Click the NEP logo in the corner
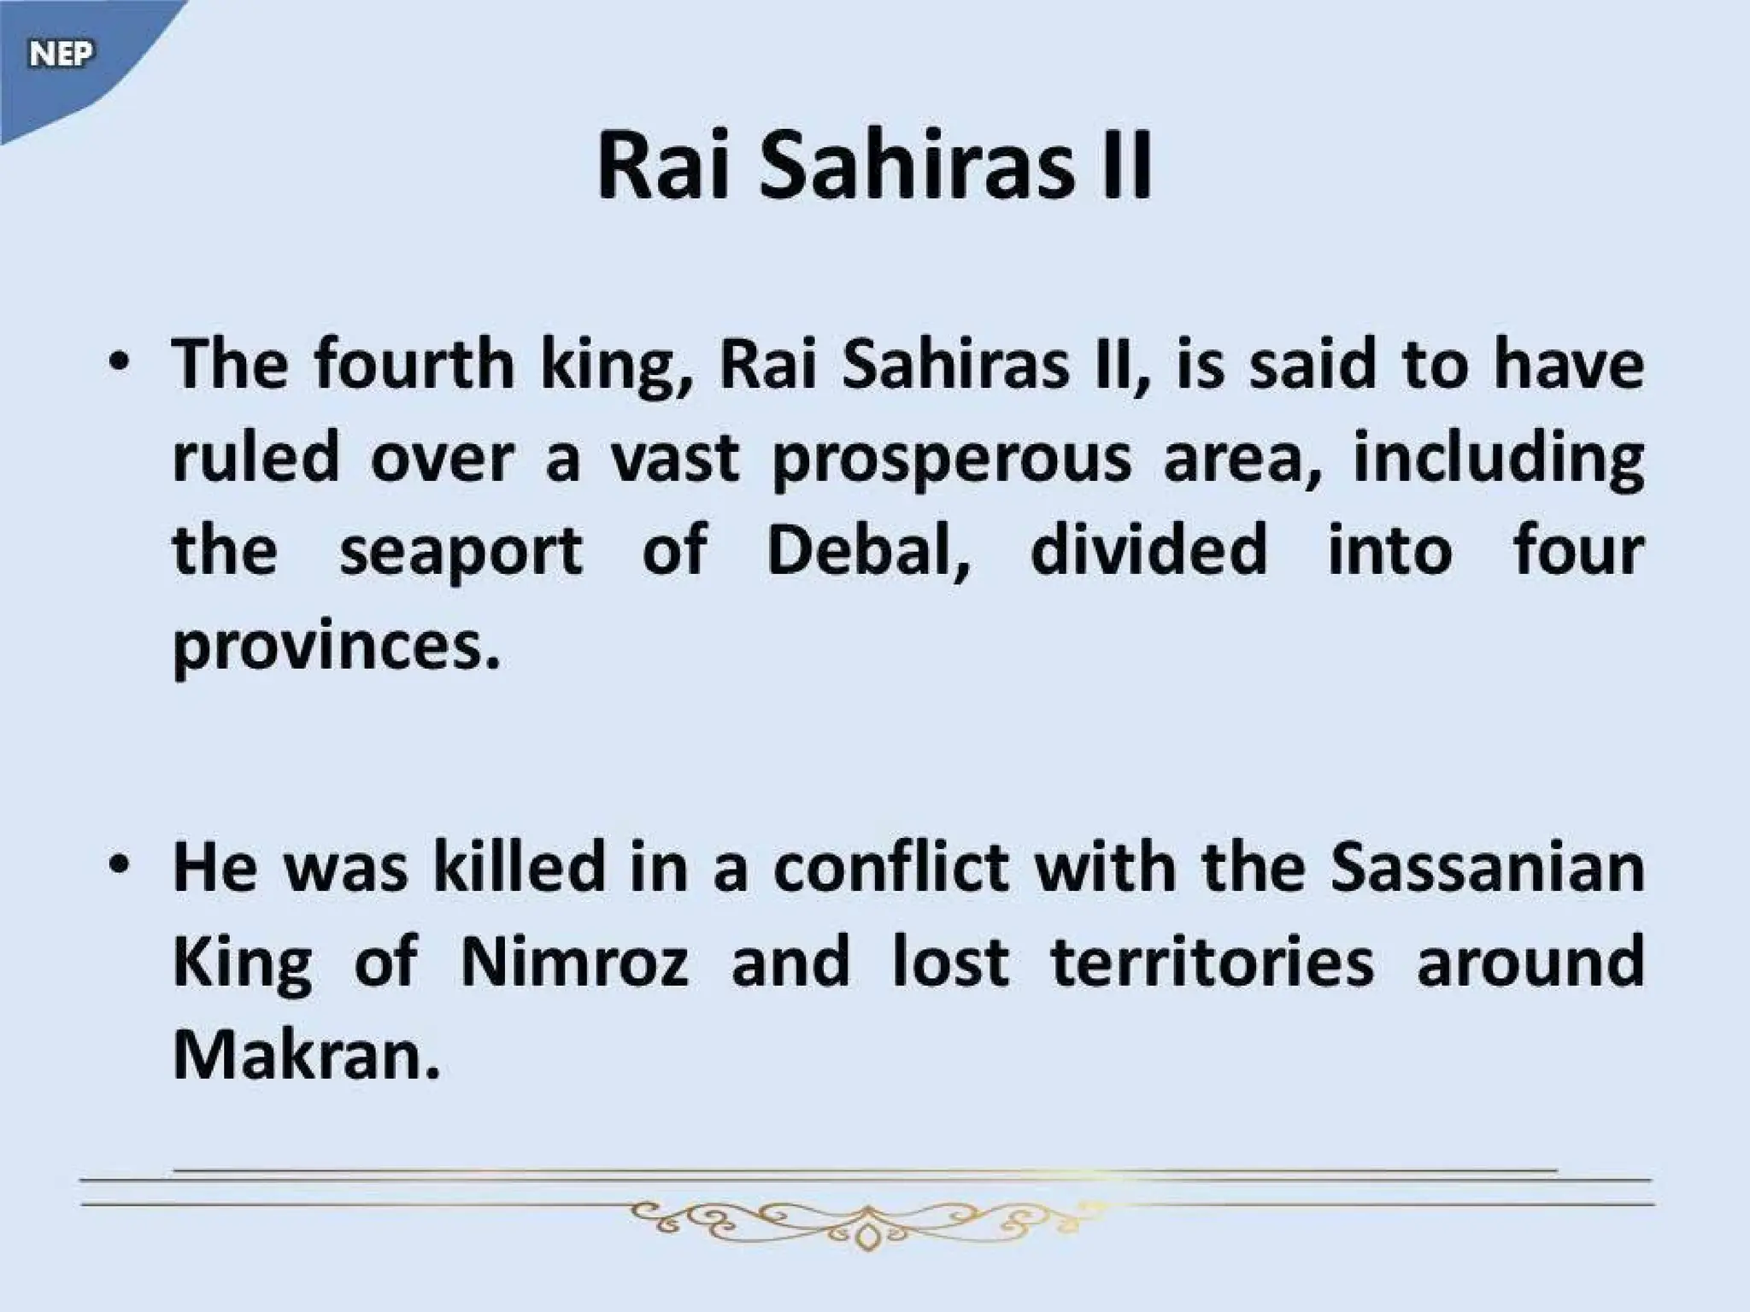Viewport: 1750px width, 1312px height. [x=60, y=55]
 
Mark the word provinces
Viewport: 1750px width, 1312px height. [x=335, y=647]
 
